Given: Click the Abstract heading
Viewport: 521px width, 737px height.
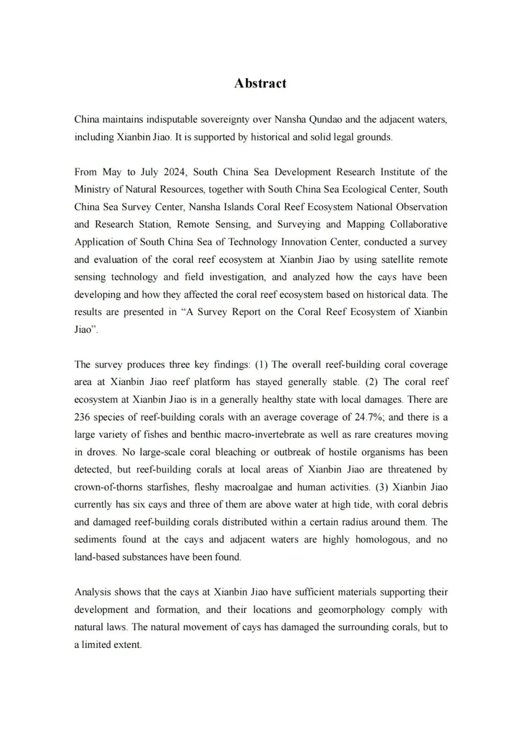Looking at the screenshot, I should [260, 83].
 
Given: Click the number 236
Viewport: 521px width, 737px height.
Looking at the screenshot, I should [83, 417].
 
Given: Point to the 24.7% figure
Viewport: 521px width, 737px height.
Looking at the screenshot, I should [370, 417].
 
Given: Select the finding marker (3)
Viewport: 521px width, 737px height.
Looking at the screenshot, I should [382, 487].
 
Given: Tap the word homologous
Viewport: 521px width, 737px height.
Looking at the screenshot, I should [381, 540].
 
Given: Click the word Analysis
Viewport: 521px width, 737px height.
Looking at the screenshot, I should [93, 592].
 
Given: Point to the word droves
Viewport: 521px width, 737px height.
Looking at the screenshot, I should [101, 452].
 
